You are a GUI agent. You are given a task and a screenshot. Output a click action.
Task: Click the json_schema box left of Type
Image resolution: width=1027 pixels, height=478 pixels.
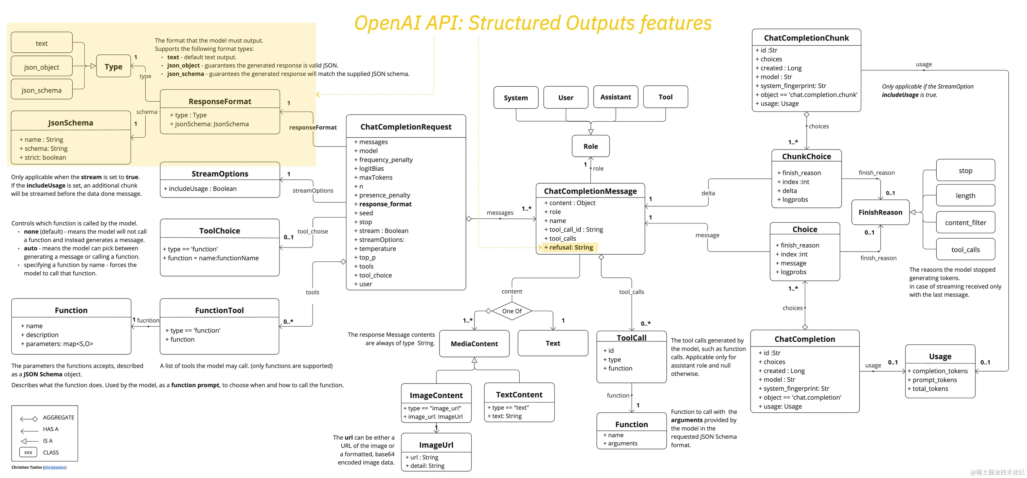click(x=41, y=90)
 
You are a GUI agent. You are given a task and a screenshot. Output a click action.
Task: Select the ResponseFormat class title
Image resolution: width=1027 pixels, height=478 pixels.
click(x=220, y=101)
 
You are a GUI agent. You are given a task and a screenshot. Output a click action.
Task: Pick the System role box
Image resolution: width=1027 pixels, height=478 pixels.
click(x=516, y=98)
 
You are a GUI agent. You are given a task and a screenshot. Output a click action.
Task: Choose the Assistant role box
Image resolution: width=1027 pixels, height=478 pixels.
click(x=615, y=97)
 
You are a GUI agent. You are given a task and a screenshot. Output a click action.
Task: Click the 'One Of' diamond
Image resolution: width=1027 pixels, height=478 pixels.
click(x=511, y=311)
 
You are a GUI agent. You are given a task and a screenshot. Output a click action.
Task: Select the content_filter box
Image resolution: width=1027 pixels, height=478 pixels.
click(x=965, y=223)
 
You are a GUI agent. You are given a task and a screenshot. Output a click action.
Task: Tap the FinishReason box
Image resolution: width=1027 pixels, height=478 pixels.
click(x=880, y=212)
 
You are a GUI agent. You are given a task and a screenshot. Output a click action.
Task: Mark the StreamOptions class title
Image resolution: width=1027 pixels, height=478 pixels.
click(x=220, y=174)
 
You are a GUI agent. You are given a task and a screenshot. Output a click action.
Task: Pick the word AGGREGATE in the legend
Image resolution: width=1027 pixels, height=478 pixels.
click(x=59, y=417)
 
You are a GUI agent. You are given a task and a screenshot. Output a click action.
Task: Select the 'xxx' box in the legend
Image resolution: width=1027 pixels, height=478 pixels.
click(x=28, y=452)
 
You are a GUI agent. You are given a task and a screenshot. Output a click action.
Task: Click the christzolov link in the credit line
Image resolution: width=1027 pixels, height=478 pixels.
click(x=55, y=467)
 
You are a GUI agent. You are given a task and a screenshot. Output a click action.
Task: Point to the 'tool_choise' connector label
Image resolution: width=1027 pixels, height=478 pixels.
click(x=312, y=232)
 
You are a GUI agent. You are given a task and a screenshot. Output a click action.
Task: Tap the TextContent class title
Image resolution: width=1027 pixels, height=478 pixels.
click(x=519, y=395)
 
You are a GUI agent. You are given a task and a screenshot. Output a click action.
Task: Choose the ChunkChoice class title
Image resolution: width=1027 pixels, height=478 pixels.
click(x=806, y=156)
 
